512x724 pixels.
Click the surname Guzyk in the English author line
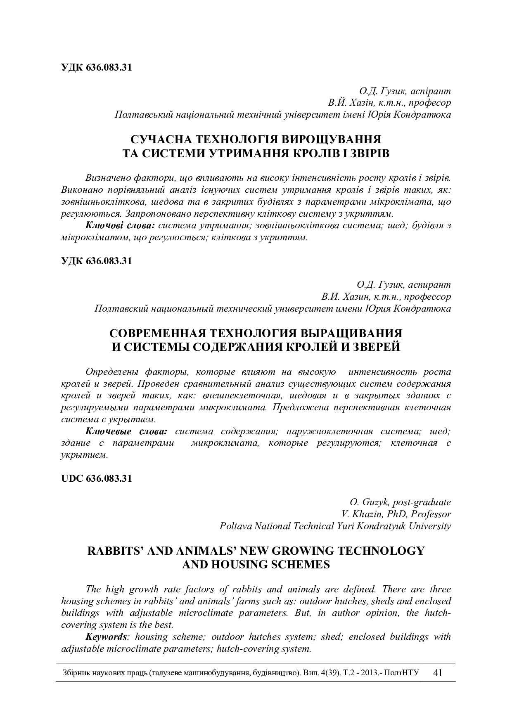pyautogui.click(x=376, y=502)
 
